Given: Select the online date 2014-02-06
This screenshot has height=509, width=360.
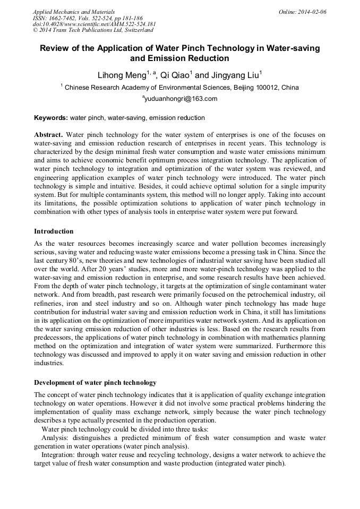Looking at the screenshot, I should pos(312,12).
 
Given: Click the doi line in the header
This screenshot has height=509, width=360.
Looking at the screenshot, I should pos(94,24).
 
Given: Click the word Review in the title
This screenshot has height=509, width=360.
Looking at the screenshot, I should pos(56,48).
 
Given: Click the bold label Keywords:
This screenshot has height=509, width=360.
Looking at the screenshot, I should pos(51,118).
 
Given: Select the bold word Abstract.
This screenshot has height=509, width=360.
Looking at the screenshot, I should pos(48,135).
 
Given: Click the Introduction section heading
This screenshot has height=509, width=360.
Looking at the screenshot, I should pos(54,231).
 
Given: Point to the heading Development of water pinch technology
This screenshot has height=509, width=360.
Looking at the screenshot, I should pos(95,383).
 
